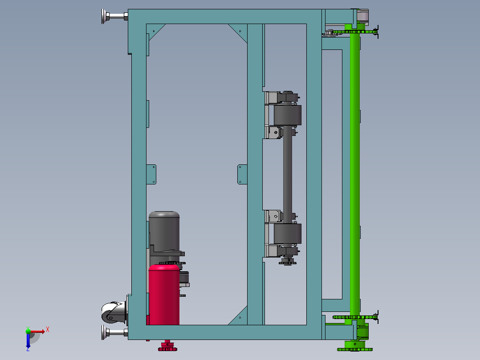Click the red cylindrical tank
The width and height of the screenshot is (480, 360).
coord(164,295)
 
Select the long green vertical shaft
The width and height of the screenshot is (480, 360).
coord(355,175)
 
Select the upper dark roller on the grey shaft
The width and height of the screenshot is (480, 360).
coord(288,115)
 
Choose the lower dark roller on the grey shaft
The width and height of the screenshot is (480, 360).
coord(288,234)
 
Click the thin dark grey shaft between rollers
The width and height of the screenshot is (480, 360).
coord(288,175)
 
